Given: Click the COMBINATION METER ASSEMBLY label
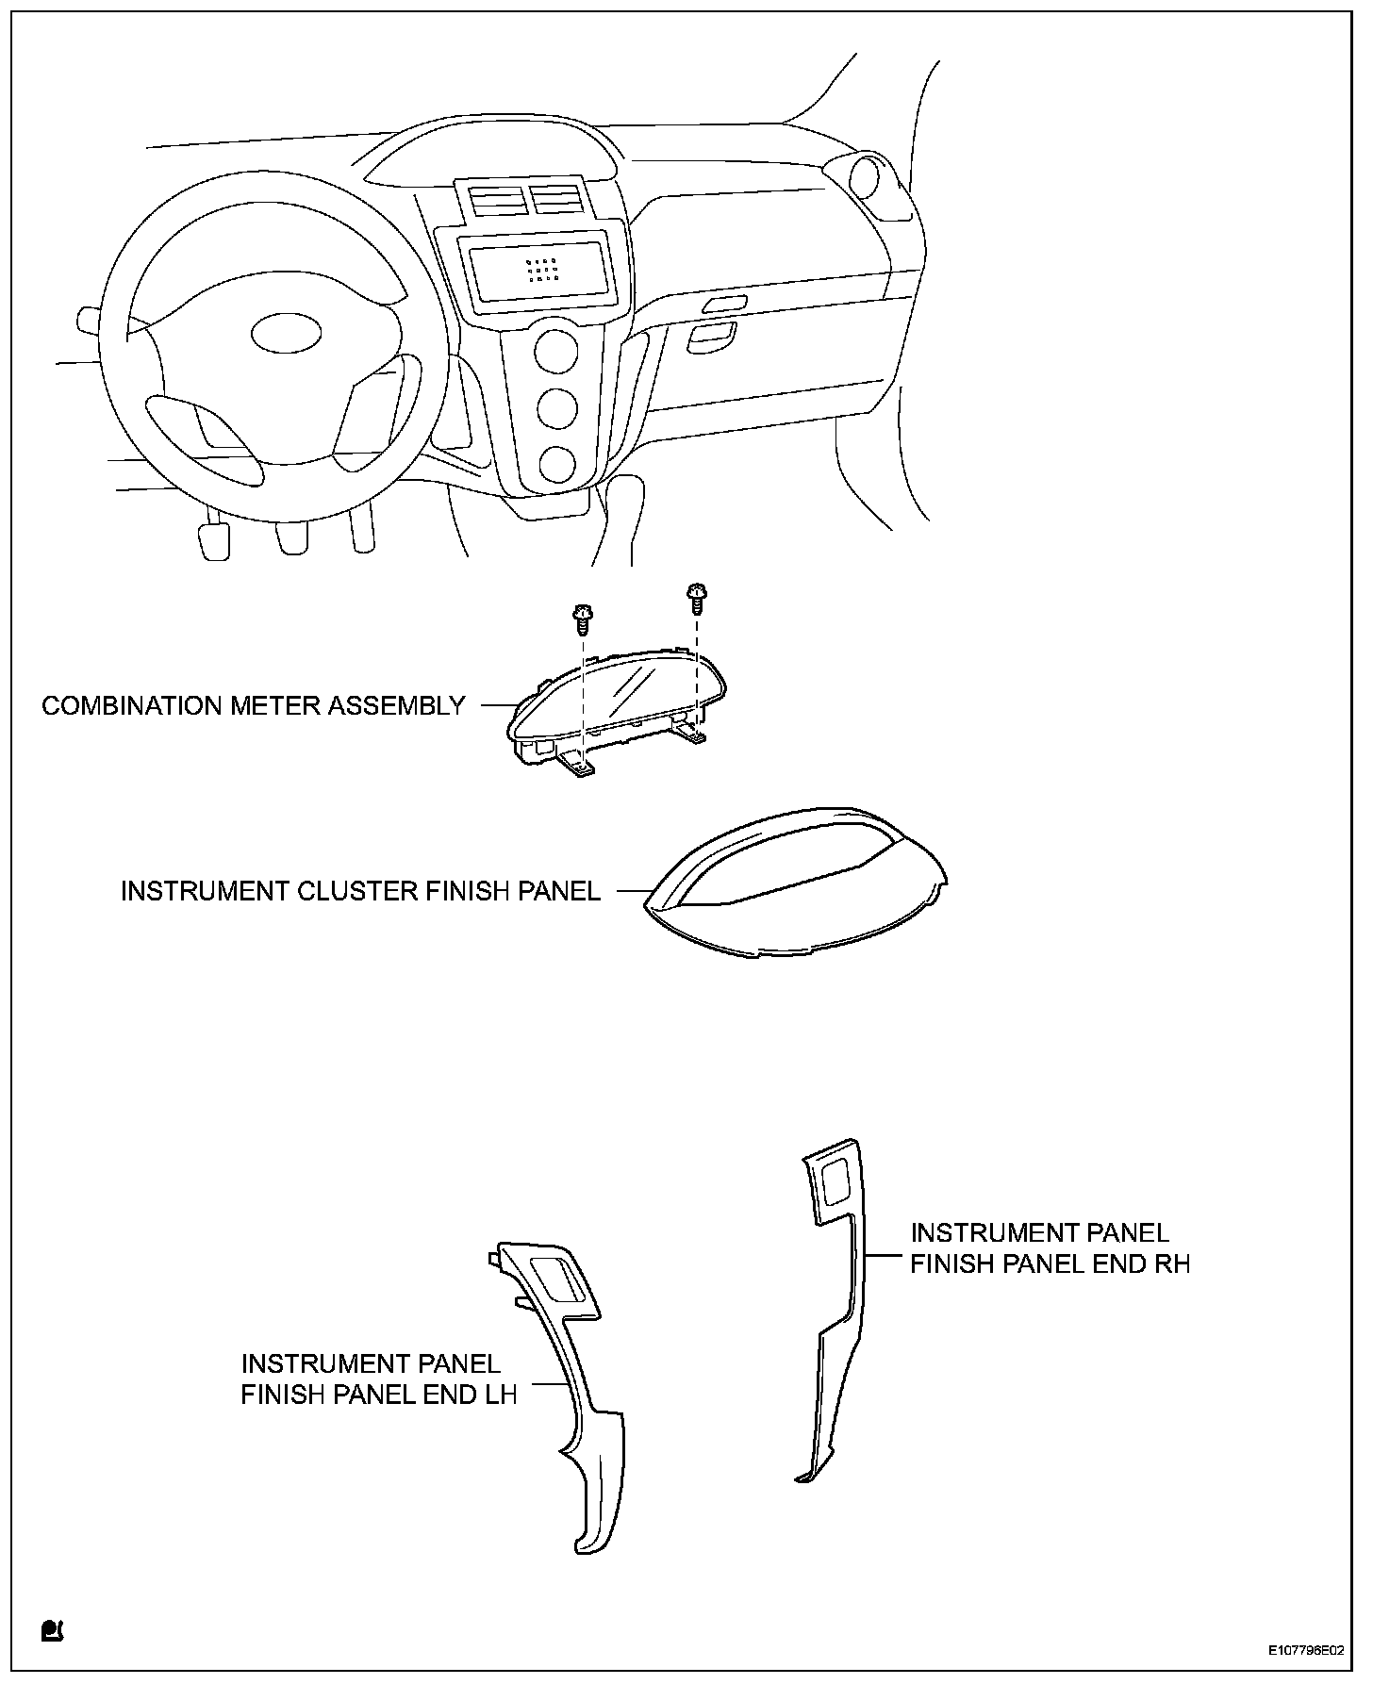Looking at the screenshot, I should [254, 705].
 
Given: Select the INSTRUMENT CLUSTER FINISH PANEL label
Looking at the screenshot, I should [360, 891].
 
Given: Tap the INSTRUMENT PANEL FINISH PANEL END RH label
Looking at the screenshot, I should [1050, 1247].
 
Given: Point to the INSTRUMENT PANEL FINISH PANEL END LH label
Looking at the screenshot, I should [379, 1379].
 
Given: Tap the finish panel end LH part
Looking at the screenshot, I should [575, 1414].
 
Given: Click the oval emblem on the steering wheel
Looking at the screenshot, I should [287, 333].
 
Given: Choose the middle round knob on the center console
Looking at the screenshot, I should [557, 408].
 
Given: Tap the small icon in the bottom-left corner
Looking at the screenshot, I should [51, 1629].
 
